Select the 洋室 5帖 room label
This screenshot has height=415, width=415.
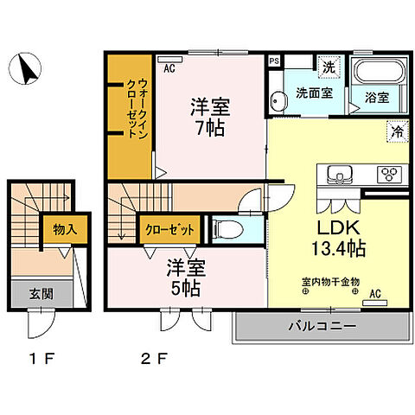(183, 275)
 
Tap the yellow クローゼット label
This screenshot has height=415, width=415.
(169, 230)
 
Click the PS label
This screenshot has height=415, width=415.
(274, 61)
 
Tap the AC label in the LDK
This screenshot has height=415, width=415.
(375, 293)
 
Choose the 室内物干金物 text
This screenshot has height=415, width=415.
(330, 280)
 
